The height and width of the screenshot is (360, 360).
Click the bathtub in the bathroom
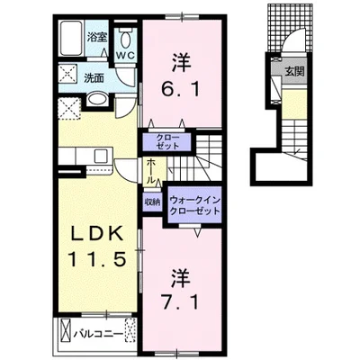71,38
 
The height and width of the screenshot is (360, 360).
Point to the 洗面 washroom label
94,78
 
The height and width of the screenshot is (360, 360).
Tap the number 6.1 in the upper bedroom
181,89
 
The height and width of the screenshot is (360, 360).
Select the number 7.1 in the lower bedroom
181,302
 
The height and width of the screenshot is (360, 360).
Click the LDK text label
97,233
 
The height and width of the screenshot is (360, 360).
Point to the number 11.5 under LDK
96,259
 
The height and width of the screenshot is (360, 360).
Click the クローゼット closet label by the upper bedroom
167,142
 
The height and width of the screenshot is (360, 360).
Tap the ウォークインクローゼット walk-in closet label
194,205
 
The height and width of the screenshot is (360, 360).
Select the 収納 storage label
152,202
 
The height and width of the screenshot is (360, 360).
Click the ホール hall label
152,171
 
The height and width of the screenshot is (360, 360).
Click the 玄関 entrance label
294,71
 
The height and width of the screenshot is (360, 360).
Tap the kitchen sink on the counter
101,156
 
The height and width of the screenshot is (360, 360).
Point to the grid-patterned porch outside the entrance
290,28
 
